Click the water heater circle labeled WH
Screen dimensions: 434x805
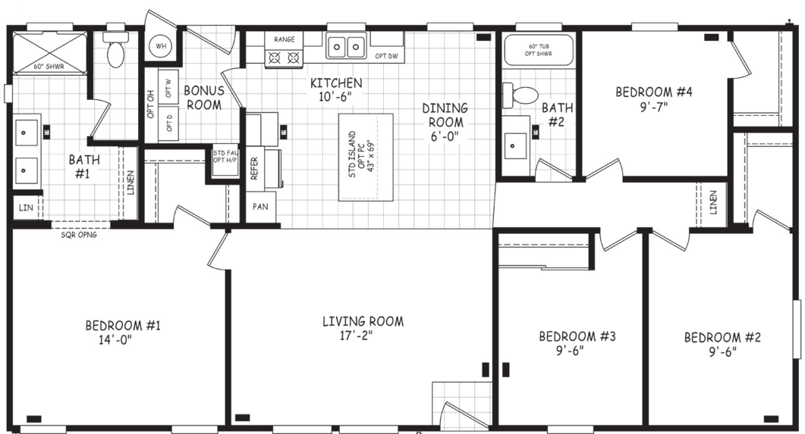pos(161,46)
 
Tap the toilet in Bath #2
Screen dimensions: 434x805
pos(524,95)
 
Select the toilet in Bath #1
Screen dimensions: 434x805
pos(115,52)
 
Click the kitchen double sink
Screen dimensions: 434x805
pos(346,47)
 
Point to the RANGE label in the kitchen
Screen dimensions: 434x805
pos(284,39)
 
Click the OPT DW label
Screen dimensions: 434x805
pos(385,55)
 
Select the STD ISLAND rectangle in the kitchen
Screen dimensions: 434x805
pos(366,157)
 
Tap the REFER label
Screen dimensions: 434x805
pos(254,168)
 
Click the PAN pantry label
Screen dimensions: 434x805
pos(260,206)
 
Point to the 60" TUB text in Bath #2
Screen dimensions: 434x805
pos(538,46)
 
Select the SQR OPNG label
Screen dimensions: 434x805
pos(79,234)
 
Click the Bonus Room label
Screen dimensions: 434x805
pos(203,98)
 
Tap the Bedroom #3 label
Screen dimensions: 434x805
pos(576,336)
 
